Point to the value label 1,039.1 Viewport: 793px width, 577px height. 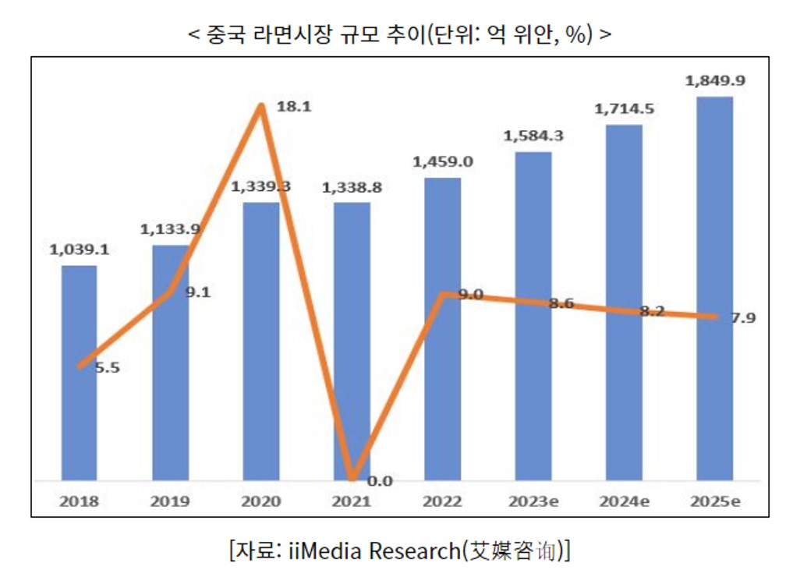pyautogui.click(x=79, y=250)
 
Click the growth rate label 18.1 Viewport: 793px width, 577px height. pyautogui.click(x=295, y=108)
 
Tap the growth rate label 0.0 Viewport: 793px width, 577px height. pyautogui.click(x=380, y=481)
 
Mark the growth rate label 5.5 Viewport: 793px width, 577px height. pyautogui.click(x=107, y=368)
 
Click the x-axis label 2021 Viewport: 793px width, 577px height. pyautogui.click(x=352, y=501)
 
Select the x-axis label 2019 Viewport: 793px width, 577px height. pyautogui.click(x=170, y=501)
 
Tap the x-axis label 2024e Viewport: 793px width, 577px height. pyautogui.click(x=625, y=501)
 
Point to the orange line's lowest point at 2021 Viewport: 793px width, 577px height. pyautogui.click(x=352, y=477)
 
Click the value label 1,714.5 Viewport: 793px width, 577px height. pyautogui.click(x=624, y=108)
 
